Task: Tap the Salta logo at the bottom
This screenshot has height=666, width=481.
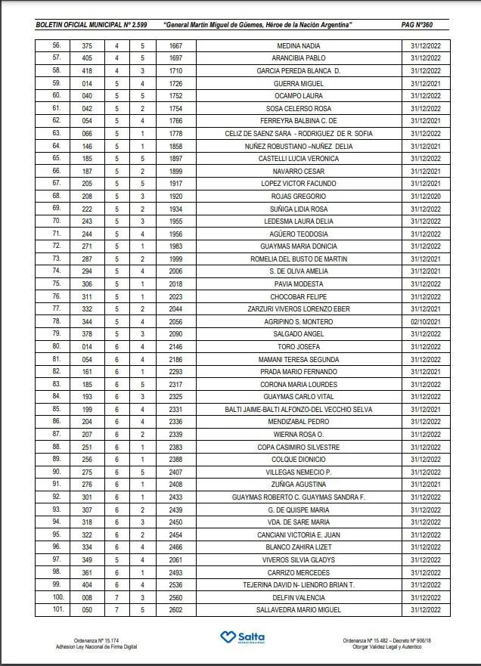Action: pyautogui.click(x=240, y=639)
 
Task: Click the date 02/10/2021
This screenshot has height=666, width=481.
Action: pyautogui.click(x=427, y=321)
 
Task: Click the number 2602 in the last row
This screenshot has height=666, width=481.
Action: pyautogui.click(x=175, y=609)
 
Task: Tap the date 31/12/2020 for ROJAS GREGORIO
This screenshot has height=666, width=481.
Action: pyautogui.click(x=427, y=196)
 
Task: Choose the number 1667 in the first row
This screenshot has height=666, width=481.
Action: pyautogui.click(x=175, y=45)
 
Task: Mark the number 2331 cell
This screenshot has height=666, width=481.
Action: pyautogui.click(x=175, y=409)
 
